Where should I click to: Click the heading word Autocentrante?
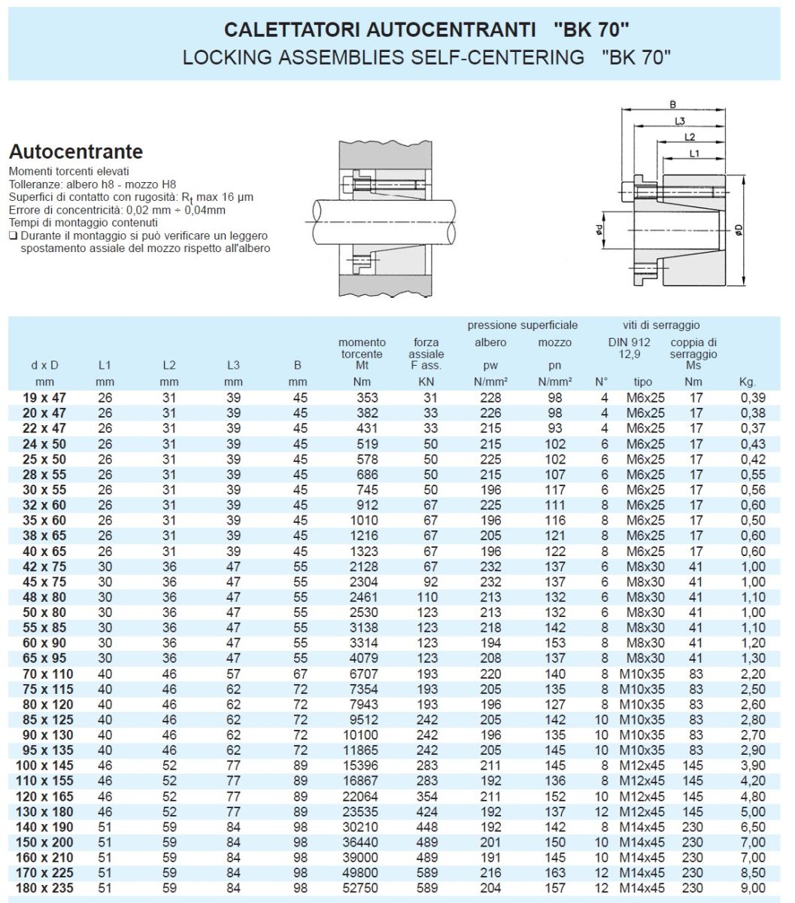point(75,151)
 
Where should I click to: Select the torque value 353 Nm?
point(366,397)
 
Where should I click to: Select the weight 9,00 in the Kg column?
point(753,889)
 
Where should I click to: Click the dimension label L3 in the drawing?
point(679,120)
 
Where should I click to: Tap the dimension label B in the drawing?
point(673,105)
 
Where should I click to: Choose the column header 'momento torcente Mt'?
point(362,354)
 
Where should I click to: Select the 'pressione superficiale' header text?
point(523,325)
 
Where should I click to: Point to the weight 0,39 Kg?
point(753,397)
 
